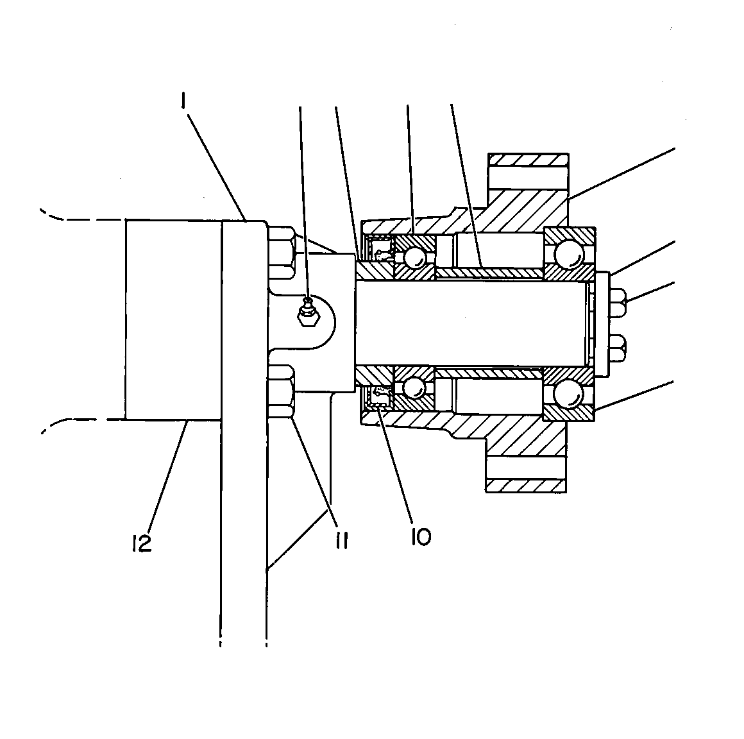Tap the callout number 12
coord(142,543)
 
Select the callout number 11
coord(342,540)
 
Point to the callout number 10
coord(421,537)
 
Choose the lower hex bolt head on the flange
coord(282,391)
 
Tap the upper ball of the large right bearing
coord(568,255)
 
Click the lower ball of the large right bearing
coord(568,392)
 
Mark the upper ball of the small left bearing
coord(414,257)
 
